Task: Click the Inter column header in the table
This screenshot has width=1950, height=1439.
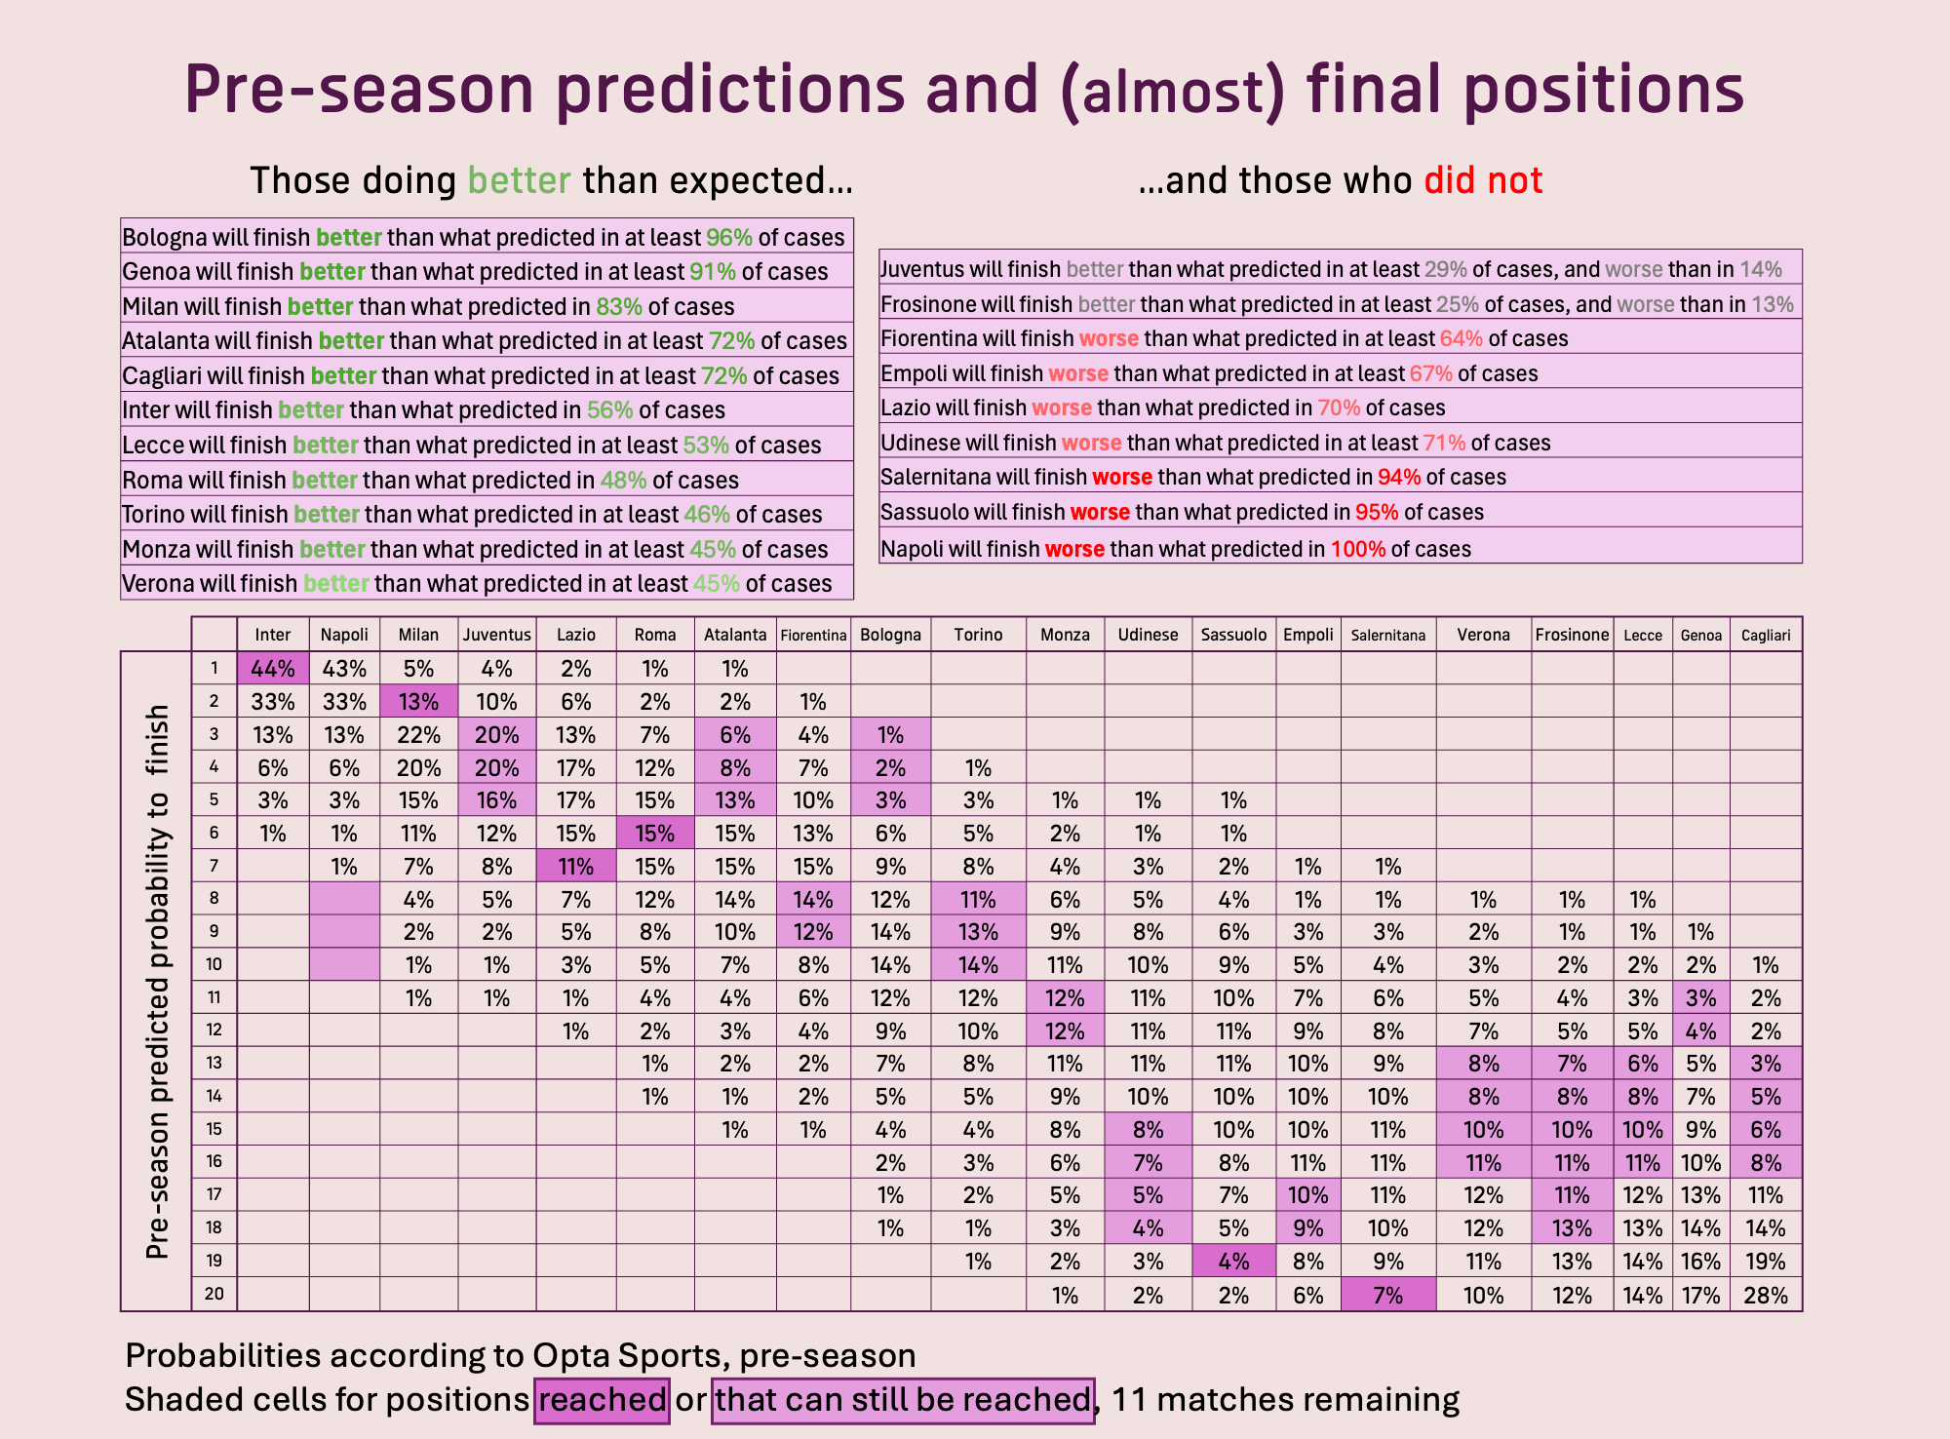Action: pos(273,635)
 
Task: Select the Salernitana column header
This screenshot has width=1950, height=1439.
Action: pos(1388,636)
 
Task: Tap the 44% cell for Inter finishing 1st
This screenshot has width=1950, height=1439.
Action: pos(273,669)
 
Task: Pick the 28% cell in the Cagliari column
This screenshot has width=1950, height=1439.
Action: pos(1766,1295)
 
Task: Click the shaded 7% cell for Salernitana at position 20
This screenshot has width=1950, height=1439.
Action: pos(1388,1295)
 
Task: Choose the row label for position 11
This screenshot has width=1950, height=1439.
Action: pos(214,997)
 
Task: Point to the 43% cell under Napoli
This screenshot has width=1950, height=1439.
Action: pos(344,669)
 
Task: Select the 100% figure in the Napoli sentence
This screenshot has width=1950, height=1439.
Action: pos(1358,549)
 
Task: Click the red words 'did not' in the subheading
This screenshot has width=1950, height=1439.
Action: pos(1483,180)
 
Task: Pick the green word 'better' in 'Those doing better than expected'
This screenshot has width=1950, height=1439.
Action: pos(520,180)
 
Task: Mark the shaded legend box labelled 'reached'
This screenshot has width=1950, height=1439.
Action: pos(602,1400)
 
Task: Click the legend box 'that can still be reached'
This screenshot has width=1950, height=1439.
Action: pos(903,1400)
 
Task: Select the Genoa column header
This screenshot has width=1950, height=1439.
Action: pos(1701,636)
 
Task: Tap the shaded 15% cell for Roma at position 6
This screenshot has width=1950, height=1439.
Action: pos(655,833)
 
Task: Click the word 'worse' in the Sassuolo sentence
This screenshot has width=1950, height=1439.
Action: pos(1100,512)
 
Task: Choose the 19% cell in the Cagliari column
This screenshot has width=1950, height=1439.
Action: pos(1766,1262)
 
